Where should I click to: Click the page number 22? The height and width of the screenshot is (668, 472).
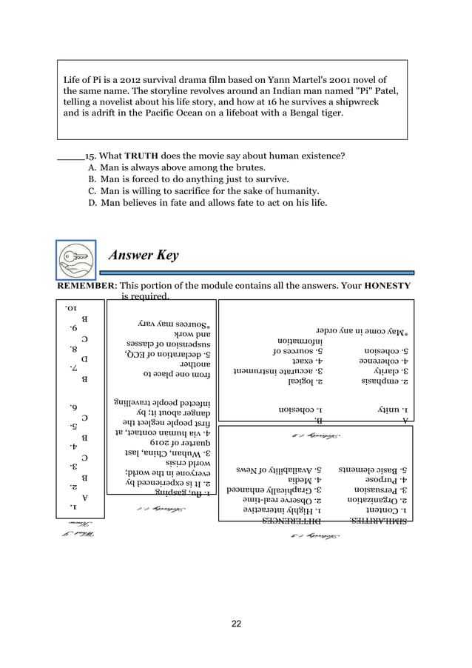235,624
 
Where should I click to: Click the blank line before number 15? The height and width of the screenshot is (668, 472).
70,157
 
